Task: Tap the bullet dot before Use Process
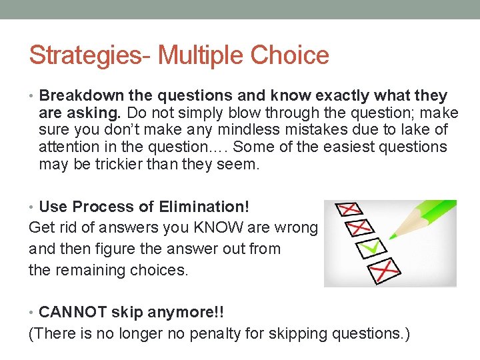[33, 207]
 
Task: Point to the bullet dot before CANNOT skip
[33, 312]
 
